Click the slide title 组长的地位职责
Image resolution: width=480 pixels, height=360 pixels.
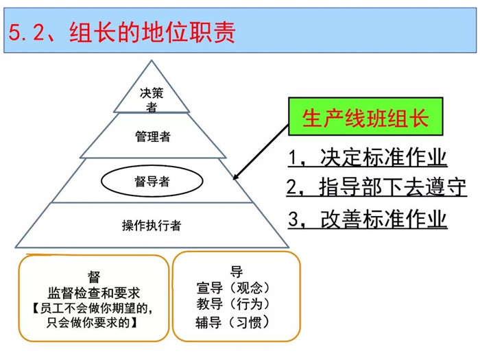coord(152,32)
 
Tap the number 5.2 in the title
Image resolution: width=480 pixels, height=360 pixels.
coord(26,32)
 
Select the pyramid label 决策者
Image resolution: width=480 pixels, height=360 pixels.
coord(152,100)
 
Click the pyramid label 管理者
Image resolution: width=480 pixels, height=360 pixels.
coord(153,136)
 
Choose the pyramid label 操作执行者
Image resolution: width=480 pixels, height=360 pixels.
coord(152,226)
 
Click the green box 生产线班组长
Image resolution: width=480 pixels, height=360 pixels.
coord(365,117)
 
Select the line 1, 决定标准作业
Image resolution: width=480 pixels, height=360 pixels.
coord(368,157)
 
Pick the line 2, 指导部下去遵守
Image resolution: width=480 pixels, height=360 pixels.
coord(376,187)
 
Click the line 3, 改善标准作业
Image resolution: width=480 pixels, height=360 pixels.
coord(368,219)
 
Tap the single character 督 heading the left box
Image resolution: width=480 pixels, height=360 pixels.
coord(94,277)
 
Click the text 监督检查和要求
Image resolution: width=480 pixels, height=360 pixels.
coord(94,293)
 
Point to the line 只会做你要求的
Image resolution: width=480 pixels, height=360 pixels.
coord(92,322)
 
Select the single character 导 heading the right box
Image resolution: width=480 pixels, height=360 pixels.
coord(237,272)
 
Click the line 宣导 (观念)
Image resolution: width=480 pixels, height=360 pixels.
coord(232,288)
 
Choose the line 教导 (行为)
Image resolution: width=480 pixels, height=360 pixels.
coord(232,304)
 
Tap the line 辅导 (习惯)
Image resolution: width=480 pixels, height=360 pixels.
coord(232,322)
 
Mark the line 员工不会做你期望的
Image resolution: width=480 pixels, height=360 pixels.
coord(93,308)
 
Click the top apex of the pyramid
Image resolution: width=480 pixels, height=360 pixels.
coord(152,60)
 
